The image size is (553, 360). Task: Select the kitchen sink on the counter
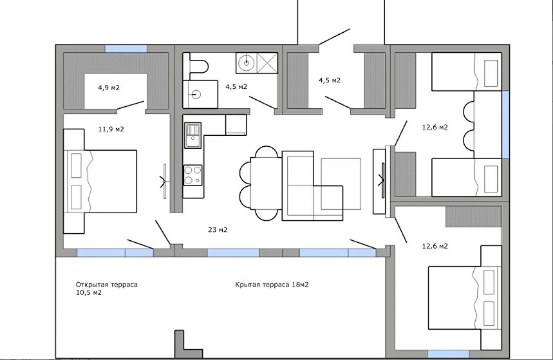pos(192,135)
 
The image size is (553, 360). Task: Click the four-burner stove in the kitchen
pos(193,175)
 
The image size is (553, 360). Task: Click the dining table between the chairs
pos(266,184)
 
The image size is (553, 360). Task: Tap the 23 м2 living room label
pos(218,230)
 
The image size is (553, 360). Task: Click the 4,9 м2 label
pos(109,88)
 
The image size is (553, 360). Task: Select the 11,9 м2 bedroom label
pos(111,129)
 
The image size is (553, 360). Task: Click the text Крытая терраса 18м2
pos(272,285)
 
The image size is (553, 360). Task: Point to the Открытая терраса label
pos(106,285)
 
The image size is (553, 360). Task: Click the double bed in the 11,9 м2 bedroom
pos(100,182)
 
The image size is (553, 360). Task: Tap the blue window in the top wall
pos(126,49)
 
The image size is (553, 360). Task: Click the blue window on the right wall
pos(505,124)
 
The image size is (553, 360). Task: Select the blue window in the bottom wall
pos(448,354)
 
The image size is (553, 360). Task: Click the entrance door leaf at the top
pos(334,37)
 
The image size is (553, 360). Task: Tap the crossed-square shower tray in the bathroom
pos(267,63)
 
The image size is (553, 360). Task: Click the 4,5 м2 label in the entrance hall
pos(330,81)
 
